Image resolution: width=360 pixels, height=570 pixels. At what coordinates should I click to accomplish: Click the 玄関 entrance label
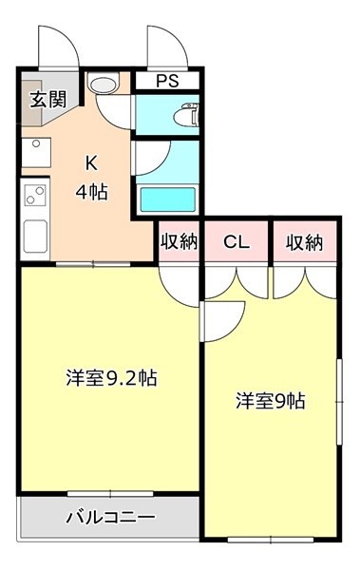pos(48,99)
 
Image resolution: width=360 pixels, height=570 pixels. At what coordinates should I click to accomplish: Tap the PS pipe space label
pos(167,81)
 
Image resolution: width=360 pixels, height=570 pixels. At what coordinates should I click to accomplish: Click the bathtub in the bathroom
pos(168,199)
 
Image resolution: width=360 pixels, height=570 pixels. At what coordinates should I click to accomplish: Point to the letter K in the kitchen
pos(91,163)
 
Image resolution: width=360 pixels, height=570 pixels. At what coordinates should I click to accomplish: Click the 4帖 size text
pos(91,192)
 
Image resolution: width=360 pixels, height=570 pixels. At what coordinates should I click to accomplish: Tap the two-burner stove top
pos(35,196)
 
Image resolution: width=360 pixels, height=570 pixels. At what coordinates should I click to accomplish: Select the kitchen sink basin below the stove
pos(35,237)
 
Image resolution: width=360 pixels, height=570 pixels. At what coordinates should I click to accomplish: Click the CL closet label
pos(237,241)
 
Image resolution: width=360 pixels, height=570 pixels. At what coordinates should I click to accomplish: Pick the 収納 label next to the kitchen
pos(179,241)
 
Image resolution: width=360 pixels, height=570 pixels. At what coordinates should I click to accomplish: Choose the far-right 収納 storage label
pos(304,242)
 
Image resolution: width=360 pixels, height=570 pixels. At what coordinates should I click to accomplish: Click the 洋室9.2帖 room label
pos(112,378)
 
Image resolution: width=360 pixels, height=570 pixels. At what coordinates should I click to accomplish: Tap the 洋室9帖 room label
pos(271,401)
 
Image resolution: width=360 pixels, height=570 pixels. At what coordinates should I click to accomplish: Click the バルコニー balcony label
pos(110,517)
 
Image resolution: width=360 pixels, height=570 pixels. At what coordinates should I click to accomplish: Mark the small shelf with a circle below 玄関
pos(36,152)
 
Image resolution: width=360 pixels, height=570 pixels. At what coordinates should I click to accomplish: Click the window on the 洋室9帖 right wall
pos(339,402)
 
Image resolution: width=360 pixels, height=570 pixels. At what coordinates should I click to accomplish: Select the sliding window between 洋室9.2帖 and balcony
pos(110,494)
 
